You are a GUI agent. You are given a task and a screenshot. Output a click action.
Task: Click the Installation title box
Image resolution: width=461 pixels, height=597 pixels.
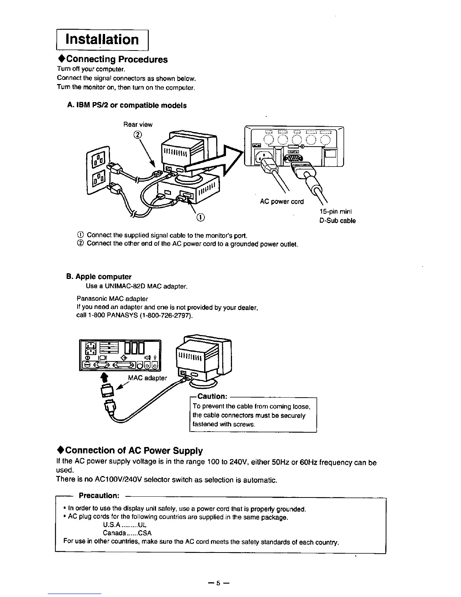(102, 40)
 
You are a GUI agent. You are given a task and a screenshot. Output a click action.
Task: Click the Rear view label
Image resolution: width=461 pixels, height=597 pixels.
(138, 124)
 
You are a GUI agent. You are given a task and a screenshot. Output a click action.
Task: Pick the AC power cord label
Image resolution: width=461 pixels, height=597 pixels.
(282, 202)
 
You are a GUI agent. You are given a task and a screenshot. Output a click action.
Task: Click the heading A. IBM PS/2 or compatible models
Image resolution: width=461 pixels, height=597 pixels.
(127, 106)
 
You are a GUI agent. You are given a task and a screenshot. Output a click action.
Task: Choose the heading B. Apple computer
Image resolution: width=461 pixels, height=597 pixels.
(99, 277)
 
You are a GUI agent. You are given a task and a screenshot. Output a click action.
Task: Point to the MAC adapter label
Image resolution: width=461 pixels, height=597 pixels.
(148, 378)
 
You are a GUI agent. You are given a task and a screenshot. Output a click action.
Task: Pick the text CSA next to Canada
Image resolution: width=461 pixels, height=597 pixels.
(145, 533)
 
